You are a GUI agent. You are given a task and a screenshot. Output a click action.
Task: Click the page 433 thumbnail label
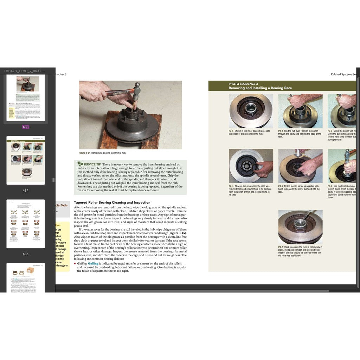[x=25, y=127]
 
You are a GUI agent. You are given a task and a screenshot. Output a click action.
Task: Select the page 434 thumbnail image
[x=26, y=160]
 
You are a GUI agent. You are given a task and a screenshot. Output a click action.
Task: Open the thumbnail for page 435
[x=26, y=224]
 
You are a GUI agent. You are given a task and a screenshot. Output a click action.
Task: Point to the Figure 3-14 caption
[x=102, y=153]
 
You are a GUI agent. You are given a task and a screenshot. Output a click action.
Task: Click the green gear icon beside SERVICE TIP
[x=80, y=164]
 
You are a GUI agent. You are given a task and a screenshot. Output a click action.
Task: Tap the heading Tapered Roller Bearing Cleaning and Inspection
[x=112, y=202]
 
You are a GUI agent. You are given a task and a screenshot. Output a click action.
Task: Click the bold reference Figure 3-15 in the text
[x=178, y=233]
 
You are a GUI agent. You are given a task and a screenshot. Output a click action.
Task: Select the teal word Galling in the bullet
[x=93, y=263]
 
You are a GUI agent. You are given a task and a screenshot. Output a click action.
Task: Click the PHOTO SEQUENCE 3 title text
[x=243, y=84]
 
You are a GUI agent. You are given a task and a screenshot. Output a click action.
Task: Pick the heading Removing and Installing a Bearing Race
[x=260, y=88]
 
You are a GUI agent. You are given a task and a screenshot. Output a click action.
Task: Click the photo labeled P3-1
[x=251, y=110]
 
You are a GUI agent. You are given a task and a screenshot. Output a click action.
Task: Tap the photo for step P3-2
[x=300, y=110]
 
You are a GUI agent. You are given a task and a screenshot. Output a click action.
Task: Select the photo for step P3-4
[x=251, y=166]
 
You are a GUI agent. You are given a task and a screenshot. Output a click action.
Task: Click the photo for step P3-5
[x=300, y=166]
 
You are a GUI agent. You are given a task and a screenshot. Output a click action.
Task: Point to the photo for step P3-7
[x=300, y=226]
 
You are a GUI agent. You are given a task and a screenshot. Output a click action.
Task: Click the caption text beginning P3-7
[x=300, y=251]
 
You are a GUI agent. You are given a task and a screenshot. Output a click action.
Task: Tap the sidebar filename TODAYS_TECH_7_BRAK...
[x=24, y=71]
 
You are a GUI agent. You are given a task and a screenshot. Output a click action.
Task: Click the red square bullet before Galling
[x=75, y=264]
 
